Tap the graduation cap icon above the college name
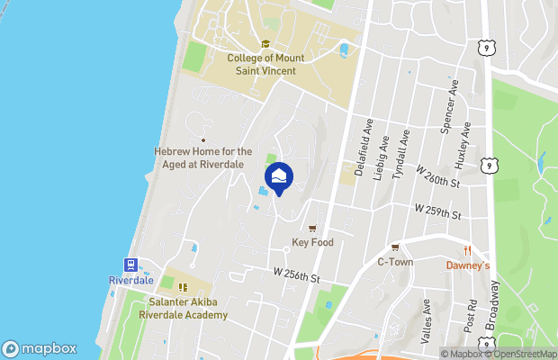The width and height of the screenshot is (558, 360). point(265,44)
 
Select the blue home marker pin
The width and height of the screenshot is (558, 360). point(278,175)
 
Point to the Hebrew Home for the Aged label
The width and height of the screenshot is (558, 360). point(202,157)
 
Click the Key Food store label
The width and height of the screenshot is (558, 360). point(313,243)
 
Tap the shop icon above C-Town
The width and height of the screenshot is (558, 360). point(394,247)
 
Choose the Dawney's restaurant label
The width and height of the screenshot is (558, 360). point(468,265)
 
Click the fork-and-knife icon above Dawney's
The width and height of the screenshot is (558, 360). point(468,250)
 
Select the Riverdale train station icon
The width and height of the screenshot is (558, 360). point(131,265)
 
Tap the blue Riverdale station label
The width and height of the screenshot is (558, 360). point(131,281)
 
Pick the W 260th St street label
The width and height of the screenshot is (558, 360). point(437,182)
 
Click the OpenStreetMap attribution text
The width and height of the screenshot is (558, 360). point(523,354)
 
